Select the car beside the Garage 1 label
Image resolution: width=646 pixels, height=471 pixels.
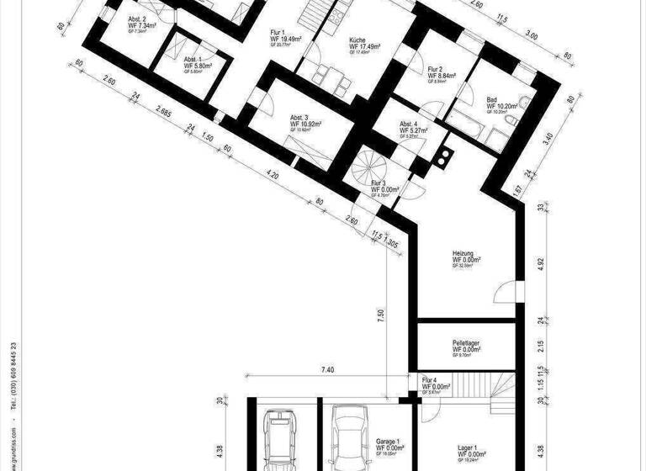pyautogui.click(x=347, y=437)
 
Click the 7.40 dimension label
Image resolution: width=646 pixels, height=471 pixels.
pyautogui.click(x=329, y=370)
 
